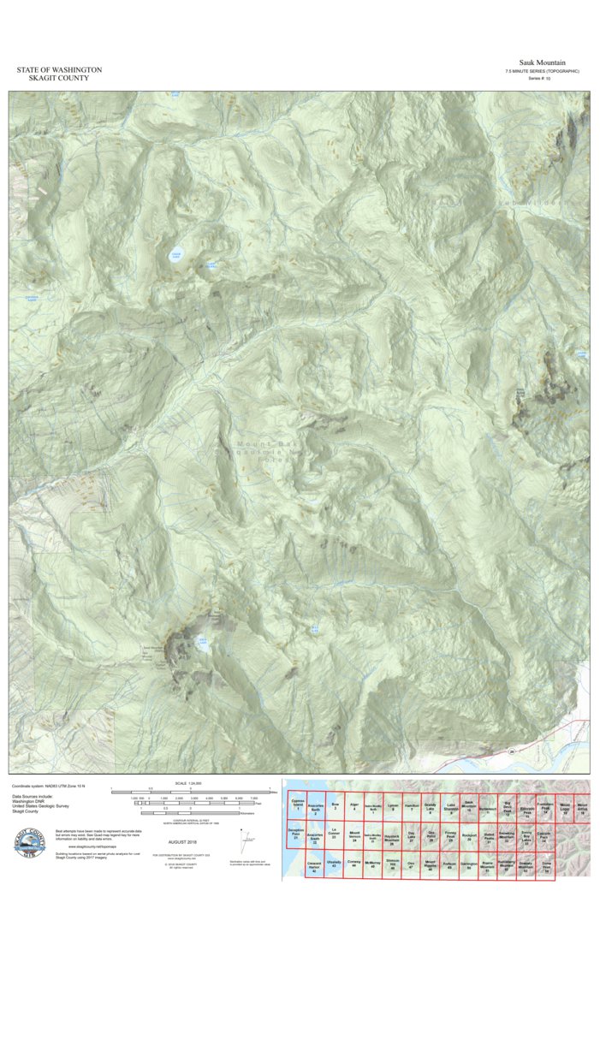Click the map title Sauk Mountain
[542, 62]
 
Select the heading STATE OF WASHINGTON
[59, 69]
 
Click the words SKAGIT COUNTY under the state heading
[59, 78]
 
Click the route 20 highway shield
[512, 751]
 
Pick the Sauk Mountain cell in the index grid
[469, 805]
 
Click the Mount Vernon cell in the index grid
[354, 835]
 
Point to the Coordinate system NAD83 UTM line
[48, 786]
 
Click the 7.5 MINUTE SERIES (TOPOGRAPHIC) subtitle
[542, 71]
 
